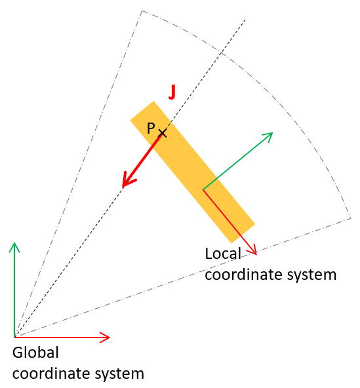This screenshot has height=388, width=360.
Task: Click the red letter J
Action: (x=172, y=92)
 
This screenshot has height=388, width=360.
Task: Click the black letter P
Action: (x=151, y=128)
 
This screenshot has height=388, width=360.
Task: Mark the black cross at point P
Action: (x=163, y=133)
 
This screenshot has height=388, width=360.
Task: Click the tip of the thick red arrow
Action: (x=123, y=187)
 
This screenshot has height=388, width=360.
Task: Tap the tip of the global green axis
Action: (x=14, y=242)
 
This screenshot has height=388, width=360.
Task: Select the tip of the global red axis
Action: (x=110, y=337)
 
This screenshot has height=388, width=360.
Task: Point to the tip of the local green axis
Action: (x=273, y=133)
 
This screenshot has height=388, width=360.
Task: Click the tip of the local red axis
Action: (x=256, y=254)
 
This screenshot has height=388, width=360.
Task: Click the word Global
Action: (x=35, y=353)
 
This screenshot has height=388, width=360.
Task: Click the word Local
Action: (x=223, y=254)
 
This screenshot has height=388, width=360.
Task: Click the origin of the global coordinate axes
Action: (x=14, y=337)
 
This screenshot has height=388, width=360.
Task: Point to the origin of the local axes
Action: (x=203, y=189)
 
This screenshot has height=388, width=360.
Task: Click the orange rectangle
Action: (x=193, y=172)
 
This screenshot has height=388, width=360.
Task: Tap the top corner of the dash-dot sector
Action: (x=142, y=10)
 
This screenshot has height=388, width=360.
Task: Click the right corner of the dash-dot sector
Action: (x=351, y=218)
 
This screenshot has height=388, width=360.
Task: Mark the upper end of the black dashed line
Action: (x=247, y=18)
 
